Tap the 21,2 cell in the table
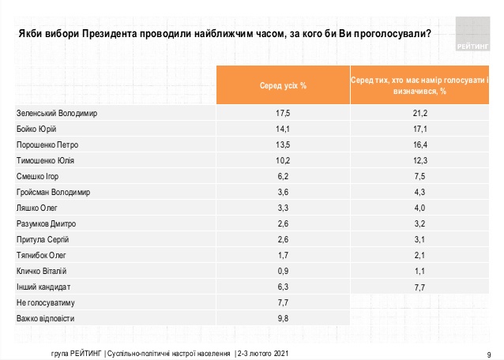tap(420, 113)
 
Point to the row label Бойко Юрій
tap(37, 129)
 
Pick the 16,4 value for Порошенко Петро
tap(420, 145)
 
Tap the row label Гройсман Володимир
tap(53, 193)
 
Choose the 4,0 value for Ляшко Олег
tap(420, 208)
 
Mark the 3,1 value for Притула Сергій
tap(420, 240)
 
